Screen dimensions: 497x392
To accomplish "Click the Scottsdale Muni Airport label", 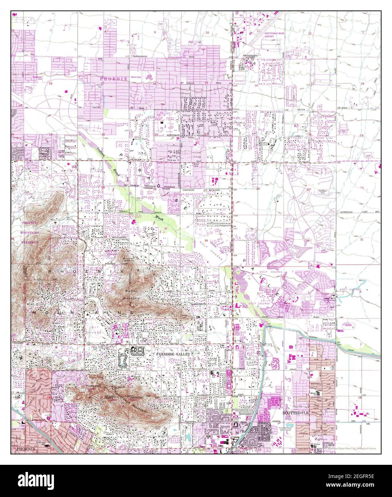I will click(274, 35).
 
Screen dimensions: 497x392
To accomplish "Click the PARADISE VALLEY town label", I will click(172, 354).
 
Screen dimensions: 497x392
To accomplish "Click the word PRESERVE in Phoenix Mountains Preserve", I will click(27, 242).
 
